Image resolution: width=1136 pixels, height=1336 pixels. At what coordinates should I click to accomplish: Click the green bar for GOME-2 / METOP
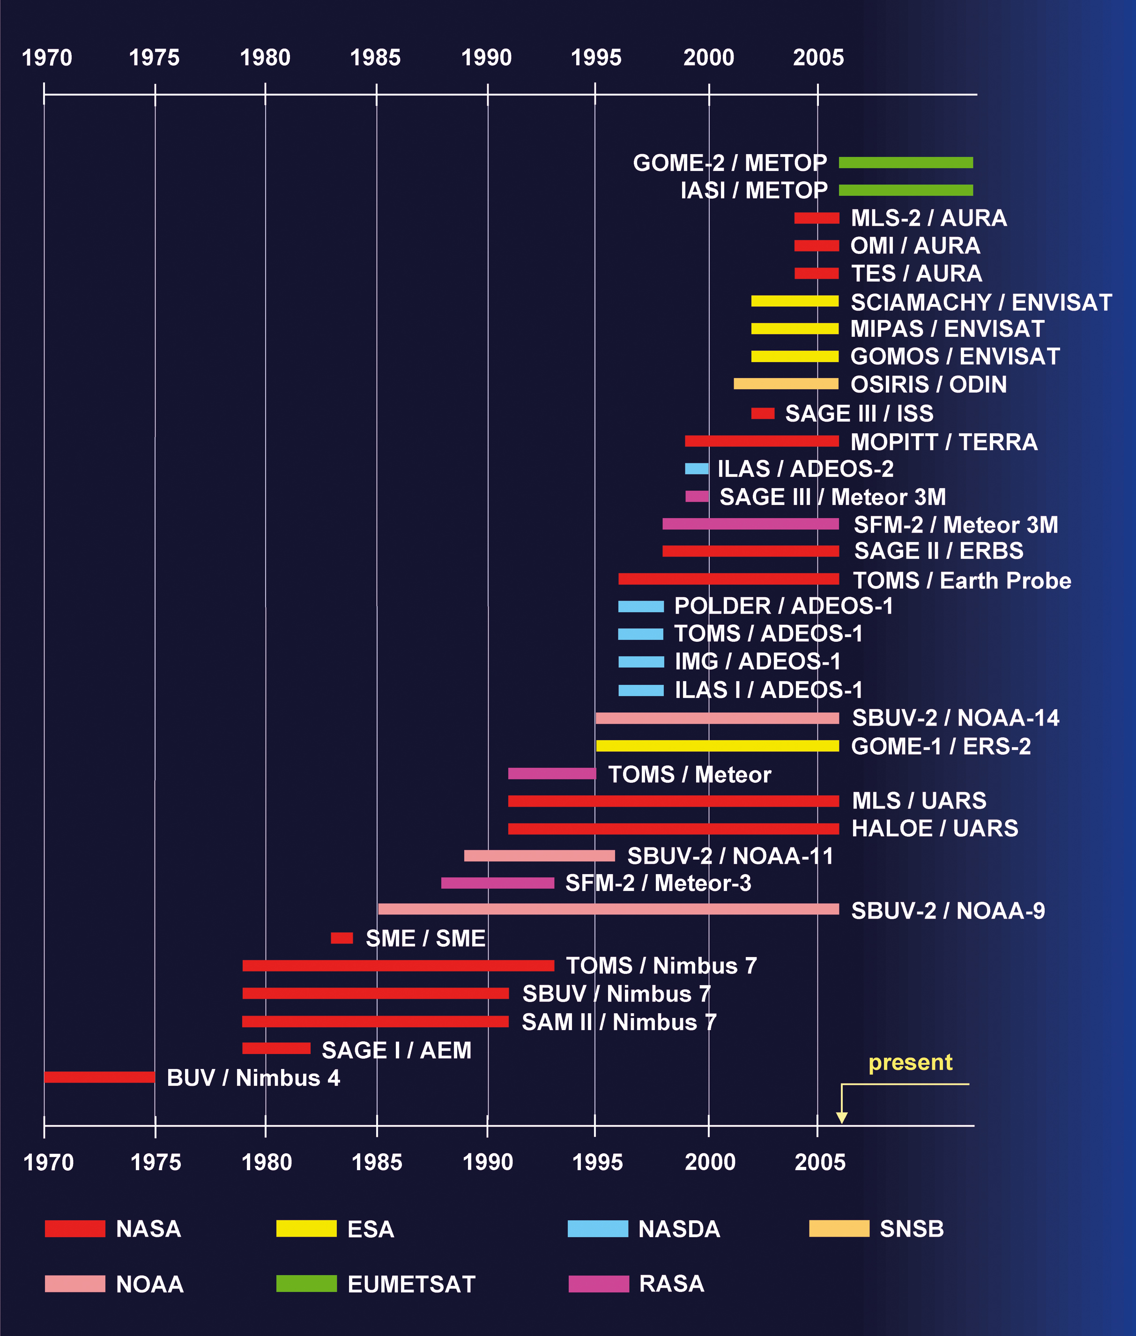tap(906, 163)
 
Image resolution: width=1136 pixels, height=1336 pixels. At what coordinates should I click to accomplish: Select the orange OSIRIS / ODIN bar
tap(786, 384)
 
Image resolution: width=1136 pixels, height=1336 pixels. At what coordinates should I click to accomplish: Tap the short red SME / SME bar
tap(342, 938)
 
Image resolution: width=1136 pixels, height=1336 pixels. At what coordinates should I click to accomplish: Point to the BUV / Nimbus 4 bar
tap(99, 1077)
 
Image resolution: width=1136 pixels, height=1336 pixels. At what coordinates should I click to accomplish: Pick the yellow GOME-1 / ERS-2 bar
tap(717, 746)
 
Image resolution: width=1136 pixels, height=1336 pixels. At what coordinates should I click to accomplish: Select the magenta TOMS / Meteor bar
tap(552, 773)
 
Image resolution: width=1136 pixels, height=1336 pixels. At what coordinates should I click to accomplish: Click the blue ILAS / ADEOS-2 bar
tap(696, 469)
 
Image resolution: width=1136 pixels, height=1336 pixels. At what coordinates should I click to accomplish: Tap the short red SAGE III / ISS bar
tap(763, 413)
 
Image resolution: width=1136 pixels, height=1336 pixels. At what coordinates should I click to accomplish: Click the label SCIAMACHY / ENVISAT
tap(981, 302)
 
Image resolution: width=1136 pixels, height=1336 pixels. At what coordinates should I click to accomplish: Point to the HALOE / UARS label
tap(935, 828)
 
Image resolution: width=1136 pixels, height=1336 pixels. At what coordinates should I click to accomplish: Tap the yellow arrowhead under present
tap(841, 1117)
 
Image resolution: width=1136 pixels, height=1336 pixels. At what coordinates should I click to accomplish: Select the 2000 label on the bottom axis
tap(710, 1162)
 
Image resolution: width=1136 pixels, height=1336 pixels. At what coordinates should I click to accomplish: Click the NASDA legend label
tap(679, 1229)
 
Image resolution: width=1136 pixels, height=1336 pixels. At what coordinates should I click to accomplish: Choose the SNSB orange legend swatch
tap(839, 1228)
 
